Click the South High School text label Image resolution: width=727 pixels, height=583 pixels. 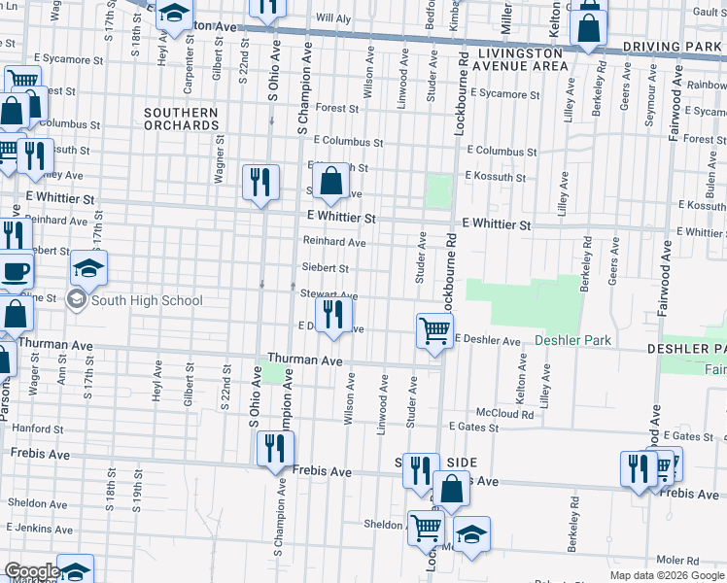147,300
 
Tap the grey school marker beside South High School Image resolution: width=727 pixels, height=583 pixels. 76,300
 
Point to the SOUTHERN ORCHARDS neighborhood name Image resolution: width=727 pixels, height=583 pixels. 182,120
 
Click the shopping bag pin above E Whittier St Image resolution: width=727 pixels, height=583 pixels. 331,182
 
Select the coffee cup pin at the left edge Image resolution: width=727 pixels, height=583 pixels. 14,270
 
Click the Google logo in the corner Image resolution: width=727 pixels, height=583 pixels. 32,571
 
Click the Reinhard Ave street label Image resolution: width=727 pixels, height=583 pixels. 333,242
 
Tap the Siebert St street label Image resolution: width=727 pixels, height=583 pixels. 326,268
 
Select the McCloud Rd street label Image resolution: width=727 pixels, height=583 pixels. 511,414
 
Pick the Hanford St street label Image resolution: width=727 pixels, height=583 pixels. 37,428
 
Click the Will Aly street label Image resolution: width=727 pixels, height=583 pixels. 332,18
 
